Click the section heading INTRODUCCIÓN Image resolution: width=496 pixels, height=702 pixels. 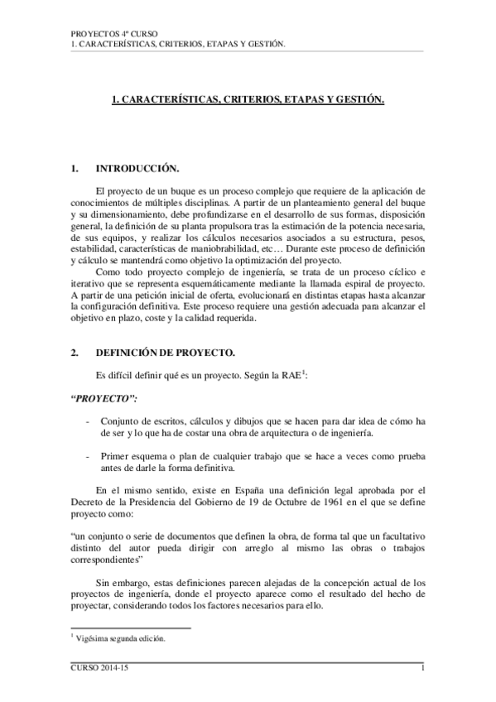click(x=137, y=169)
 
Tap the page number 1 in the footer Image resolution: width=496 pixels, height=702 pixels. click(x=422, y=667)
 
